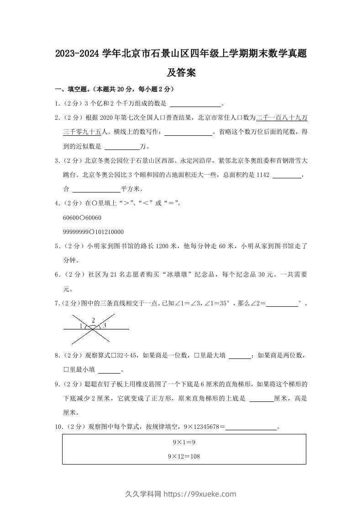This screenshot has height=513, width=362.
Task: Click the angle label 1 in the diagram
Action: [81, 326]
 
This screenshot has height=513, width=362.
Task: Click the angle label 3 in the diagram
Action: [105, 326]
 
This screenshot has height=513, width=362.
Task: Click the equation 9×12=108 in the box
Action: [184, 456]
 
